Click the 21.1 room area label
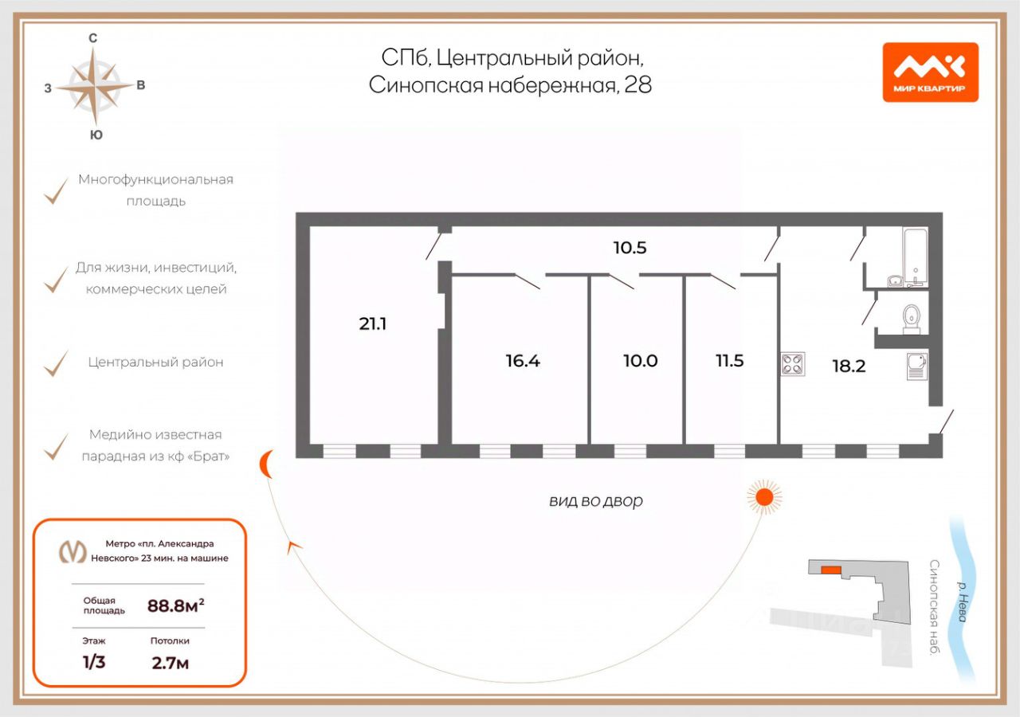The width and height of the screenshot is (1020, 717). (373, 323)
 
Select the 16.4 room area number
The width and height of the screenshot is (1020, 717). (523, 360)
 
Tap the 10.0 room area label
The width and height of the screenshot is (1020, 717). (641, 360)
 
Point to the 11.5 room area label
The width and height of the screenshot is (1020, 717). (729, 360)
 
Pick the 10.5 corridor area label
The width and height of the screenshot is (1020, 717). (630, 248)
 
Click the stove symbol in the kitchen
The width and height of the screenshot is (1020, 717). (793, 364)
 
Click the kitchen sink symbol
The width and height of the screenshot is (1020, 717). (917, 366)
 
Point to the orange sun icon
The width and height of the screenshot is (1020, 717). (764, 497)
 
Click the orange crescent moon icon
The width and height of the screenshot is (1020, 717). (268, 464)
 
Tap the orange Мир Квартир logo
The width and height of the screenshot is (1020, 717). (930, 72)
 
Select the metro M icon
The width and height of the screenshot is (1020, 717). (74, 551)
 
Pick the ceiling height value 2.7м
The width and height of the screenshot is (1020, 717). (170, 663)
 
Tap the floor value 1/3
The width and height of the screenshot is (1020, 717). (94, 663)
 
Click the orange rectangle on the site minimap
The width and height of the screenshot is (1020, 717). (830, 569)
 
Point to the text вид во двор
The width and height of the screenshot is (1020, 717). (595, 501)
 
